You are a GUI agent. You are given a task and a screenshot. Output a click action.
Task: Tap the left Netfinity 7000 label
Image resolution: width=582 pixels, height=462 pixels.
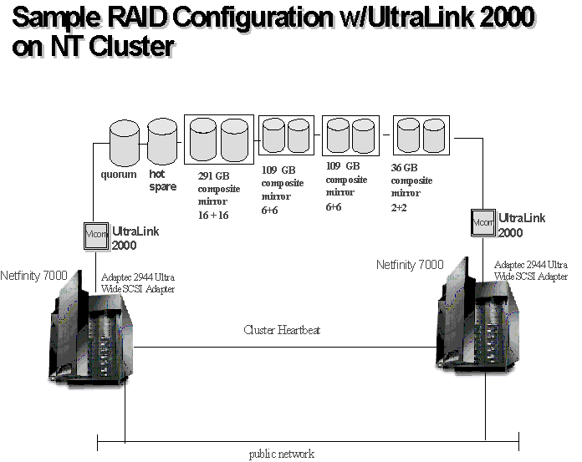34,275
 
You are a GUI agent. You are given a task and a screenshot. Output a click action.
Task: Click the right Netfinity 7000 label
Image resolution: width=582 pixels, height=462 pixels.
410,265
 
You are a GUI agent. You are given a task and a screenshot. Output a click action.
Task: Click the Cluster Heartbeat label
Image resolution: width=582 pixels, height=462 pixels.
282,330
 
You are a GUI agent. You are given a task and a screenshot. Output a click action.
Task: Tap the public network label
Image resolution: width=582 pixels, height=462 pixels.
282,454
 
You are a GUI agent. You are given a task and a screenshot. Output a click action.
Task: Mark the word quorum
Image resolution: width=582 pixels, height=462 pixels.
119,175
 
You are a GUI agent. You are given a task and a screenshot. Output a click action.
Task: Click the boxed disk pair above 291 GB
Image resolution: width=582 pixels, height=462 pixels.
218,139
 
